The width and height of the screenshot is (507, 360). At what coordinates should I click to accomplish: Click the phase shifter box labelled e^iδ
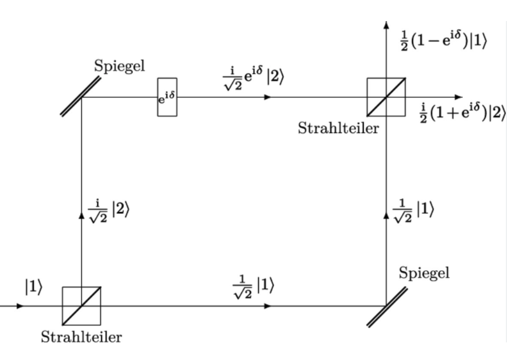coord(167,97)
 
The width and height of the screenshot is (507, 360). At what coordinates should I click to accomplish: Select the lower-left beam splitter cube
coord(81,306)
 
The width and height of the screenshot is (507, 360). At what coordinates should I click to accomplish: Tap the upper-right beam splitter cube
coord(386,97)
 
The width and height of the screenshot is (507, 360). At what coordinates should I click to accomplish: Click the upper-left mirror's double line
coord(81,96)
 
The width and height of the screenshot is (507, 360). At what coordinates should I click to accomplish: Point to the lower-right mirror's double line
coord(387,307)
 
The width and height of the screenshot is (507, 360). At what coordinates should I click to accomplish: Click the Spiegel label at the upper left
coord(119,66)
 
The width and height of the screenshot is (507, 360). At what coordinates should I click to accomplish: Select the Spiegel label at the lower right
coord(424,273)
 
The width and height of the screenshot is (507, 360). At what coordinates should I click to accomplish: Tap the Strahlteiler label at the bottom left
coord(81,337)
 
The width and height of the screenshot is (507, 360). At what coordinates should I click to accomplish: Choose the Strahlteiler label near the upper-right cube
coord(338,128)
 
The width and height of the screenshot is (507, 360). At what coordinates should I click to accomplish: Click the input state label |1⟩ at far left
coord(34,287)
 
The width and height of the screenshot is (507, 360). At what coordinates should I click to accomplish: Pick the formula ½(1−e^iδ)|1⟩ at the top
coord(443,40)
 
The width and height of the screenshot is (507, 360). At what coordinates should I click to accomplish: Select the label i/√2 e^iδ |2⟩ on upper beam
coord(254,78)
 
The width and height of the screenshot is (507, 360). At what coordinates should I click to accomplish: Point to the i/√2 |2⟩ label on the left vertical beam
coord(109,210)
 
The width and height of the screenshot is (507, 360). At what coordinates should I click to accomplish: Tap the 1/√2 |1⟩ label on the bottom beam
coord(253,287)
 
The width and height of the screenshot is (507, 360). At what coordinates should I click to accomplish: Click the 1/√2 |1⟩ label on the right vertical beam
coord(414,210)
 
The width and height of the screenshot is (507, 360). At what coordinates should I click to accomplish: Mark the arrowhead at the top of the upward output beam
coord(386,24)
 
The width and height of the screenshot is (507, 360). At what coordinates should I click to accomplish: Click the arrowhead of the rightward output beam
coord(459,97)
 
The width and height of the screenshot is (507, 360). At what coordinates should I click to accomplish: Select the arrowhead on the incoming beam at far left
coord(20,306)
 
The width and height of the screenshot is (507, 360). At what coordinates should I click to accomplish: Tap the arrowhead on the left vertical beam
coord(81,215)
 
